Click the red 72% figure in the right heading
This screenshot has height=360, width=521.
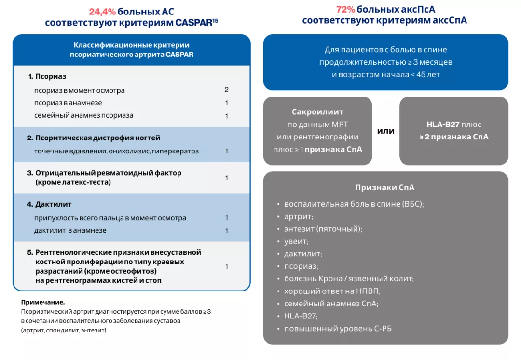coord(346,10)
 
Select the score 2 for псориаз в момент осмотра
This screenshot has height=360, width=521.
coord(226,90)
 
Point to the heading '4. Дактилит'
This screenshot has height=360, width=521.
coord(49,204)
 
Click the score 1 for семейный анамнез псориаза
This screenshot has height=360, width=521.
coord(226,116)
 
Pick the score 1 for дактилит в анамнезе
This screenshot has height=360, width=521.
coord(226,231)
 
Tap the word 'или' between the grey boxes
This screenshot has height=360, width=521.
coord(385,131)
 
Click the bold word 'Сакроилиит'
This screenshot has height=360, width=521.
coord(317,112)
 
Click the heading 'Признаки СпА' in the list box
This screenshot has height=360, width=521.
coord(385,187)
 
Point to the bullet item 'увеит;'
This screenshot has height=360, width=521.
coord(296,241)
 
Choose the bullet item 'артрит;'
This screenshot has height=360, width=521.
coord(299,216)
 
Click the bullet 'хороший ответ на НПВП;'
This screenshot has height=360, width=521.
coord(332,291)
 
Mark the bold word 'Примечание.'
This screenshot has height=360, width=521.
coord(43,302)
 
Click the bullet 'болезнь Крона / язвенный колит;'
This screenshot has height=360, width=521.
coord(349,278)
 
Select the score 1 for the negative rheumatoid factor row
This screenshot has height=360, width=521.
coord(226,178)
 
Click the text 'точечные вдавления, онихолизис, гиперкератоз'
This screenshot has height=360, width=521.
coord(116,152)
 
